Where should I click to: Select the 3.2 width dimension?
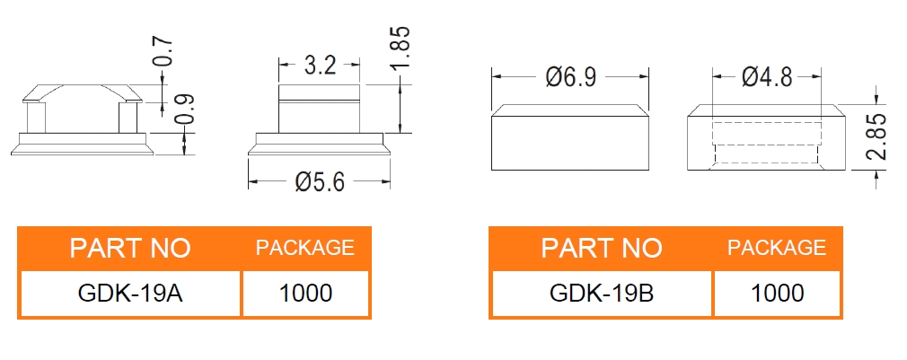[320, 66]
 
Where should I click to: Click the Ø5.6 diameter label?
[320, 182]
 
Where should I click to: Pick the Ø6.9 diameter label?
[570, 77]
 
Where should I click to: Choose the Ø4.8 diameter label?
[767, 77]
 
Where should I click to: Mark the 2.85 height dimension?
[877, 136]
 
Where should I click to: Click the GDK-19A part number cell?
[130, 293]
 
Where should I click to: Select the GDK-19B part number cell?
[601, 293]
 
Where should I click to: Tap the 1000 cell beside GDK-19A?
[305, 293]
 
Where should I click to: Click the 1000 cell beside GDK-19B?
[777, 293]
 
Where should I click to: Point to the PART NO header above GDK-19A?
[130, 248]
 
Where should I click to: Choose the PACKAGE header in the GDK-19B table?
[777, 248]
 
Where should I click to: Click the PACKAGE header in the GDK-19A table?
[305, 248]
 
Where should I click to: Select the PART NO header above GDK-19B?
[601, 248]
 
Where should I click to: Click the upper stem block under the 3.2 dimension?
[320, 93]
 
